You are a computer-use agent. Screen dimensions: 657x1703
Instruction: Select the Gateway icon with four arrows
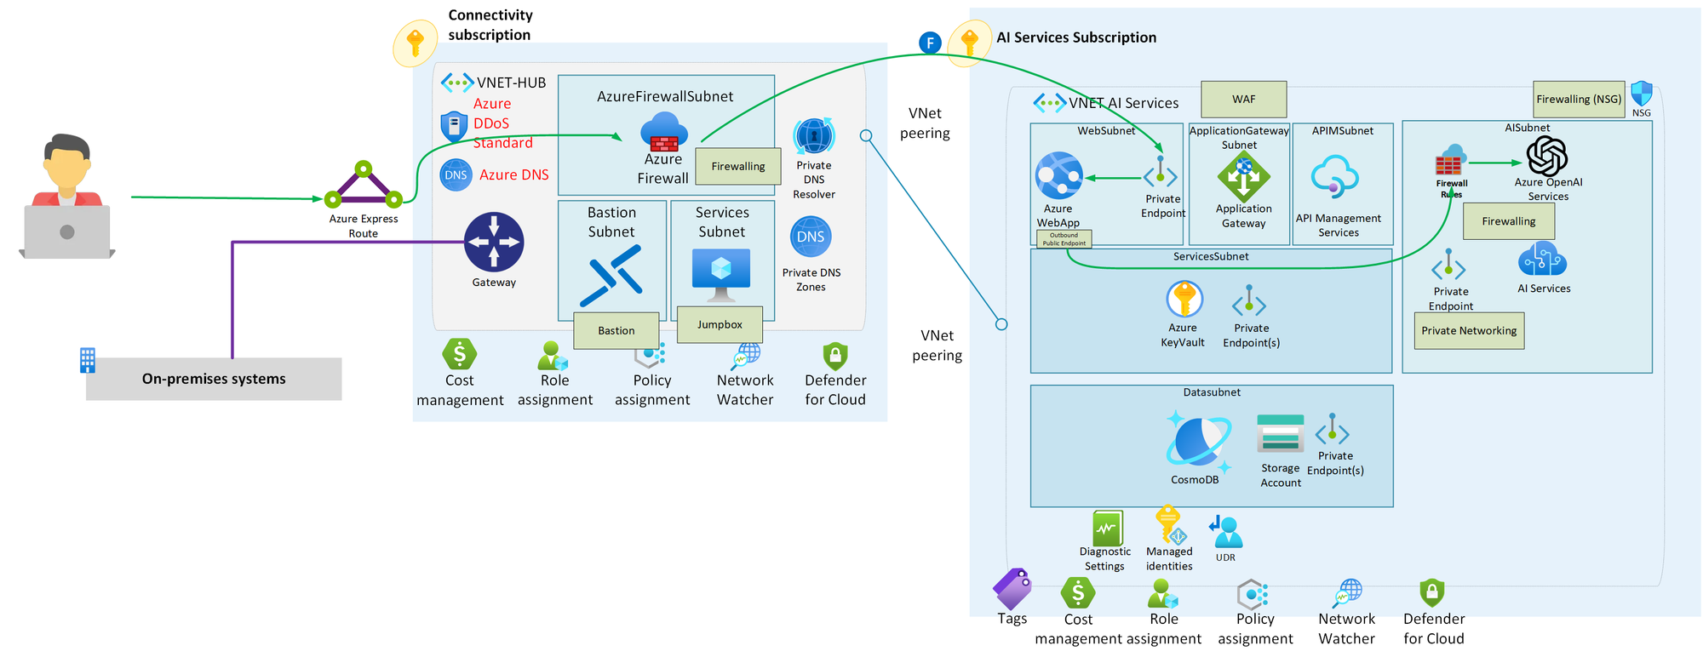[494, 242]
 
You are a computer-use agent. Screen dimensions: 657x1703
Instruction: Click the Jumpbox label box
[720, 324]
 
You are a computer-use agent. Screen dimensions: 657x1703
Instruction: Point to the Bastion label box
[616, 330]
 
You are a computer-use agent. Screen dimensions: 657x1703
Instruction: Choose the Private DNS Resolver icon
[814, 136]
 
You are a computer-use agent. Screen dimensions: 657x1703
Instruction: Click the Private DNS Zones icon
[811, 237]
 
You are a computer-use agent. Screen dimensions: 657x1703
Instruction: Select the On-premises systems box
[214, 379]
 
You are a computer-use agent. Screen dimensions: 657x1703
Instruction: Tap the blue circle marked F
[930, 43]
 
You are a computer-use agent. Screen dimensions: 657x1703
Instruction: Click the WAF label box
[1243, 100]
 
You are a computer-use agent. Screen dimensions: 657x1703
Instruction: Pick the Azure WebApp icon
[1058, 175]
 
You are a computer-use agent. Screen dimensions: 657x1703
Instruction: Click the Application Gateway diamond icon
[1243, 177]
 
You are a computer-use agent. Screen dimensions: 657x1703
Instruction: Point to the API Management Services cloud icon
[1334, 177]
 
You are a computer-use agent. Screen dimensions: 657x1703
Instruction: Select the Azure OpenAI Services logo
[1546, 156]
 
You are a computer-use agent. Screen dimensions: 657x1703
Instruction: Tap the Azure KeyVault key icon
[1184, 300]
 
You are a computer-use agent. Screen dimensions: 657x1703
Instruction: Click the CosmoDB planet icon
[1198, 442]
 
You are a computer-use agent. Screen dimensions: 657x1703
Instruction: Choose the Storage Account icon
[1280, 433]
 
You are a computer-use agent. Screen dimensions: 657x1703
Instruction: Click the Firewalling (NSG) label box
[1579, 100]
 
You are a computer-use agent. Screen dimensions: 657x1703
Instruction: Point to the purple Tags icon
[1012, 588]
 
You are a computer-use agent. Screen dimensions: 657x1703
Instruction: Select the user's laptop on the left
[67, 231]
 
